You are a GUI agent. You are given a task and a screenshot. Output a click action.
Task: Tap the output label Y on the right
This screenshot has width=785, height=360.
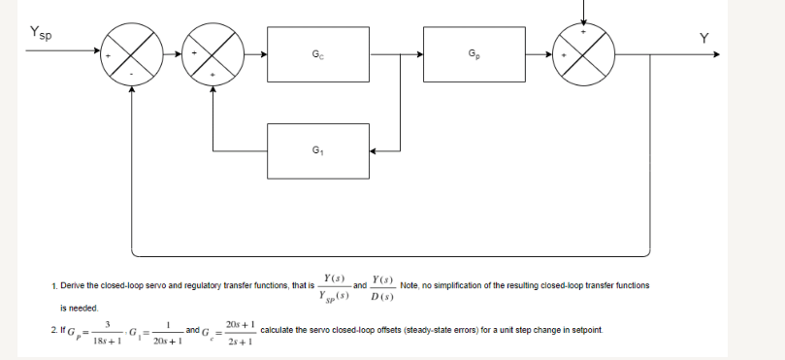pos(704,38)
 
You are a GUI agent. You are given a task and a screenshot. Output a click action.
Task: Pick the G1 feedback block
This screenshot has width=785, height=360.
pos(319,151)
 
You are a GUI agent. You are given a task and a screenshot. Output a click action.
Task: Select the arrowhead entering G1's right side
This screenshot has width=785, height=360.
pos(376,151)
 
